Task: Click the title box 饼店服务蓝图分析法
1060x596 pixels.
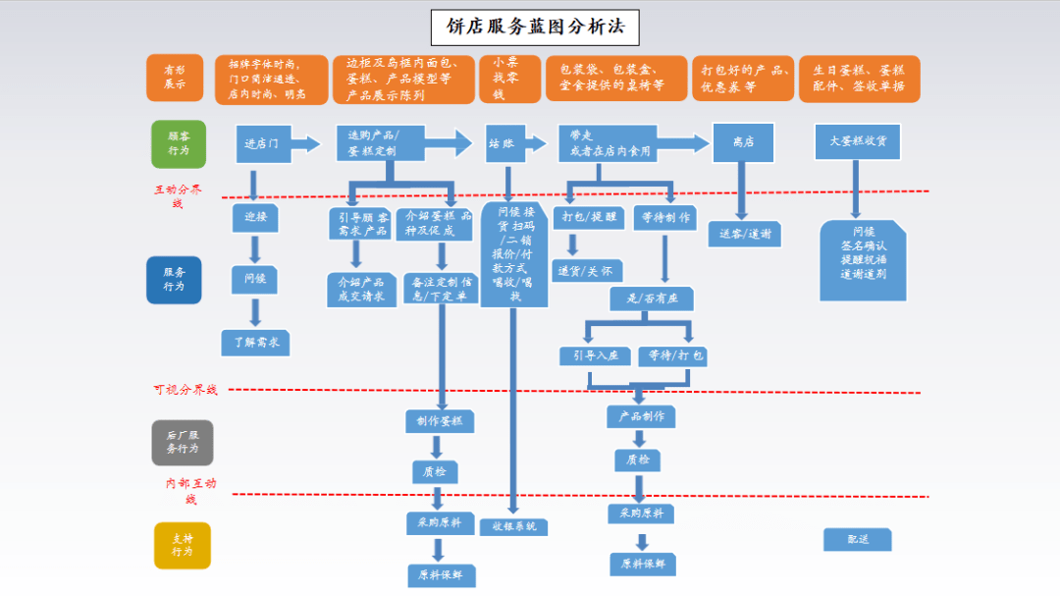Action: (x=535, y=27)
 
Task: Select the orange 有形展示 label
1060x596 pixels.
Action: (x=175, y=79)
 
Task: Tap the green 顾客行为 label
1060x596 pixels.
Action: (x=179, y=144)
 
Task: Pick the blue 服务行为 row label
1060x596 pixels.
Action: (x=175, y=280)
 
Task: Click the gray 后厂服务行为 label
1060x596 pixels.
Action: (x=182, y=442)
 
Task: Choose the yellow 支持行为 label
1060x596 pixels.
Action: (x=182, y=545)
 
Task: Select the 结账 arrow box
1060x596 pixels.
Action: (x=510, y=143)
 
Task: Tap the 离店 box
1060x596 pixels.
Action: (x=743, y=142)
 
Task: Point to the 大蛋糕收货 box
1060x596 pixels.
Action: (x=857, y=141)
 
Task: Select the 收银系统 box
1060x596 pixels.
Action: (x=513, y=526)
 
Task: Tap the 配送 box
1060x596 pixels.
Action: (x=857, y=539)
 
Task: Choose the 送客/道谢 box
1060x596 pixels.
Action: (x=744, y=234)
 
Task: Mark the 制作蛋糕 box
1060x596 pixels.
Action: (x=439, y=421)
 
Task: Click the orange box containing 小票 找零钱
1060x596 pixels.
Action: (x=509, y=79)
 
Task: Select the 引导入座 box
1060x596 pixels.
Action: (x=597, y=355)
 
